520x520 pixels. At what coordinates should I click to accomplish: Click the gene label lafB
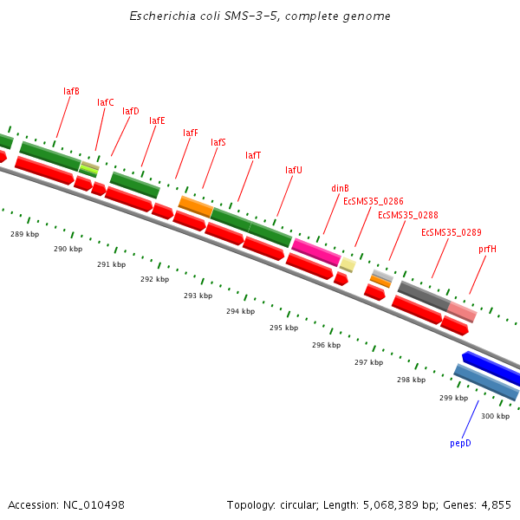click(x=71, y=91)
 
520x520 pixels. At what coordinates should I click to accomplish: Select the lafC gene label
click(x=106, y=102)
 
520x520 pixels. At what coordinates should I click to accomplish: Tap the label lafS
click(x=218, y=142)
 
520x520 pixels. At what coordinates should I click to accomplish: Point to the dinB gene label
click(x=340, y=188)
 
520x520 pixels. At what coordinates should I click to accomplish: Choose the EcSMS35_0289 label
click(x=452, y=232)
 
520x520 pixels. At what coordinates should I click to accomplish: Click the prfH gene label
click(x=487, y=249)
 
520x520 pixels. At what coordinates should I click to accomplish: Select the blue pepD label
click(x=460, y=443)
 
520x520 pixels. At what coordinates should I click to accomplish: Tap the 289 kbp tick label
click(x=24, y=234)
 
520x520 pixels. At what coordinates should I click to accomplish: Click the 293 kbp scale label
click(x=198, y=296)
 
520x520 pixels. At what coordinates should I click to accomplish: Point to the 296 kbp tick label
click(x=326, y=345)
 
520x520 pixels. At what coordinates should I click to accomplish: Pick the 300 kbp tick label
click(x=495, y=416)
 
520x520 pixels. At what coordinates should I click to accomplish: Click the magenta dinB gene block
click(x=315, y=251)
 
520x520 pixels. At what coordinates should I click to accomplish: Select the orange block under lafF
click(x=196, y=206)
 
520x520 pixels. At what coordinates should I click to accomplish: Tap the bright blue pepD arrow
click(x=491, y=368)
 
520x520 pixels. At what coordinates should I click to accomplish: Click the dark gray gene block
click(x=423, y=296)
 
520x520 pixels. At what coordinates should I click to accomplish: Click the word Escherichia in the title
click(x=159, y=16)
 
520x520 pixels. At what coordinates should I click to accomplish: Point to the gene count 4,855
click(x=496, y=504)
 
